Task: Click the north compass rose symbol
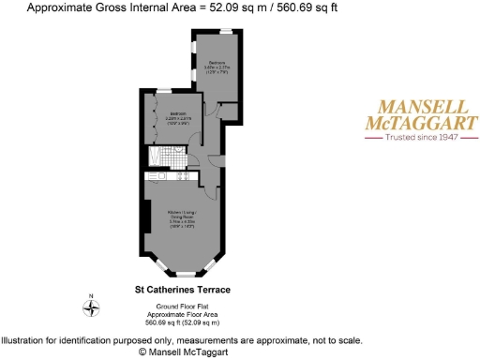click(x=91, y=312)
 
